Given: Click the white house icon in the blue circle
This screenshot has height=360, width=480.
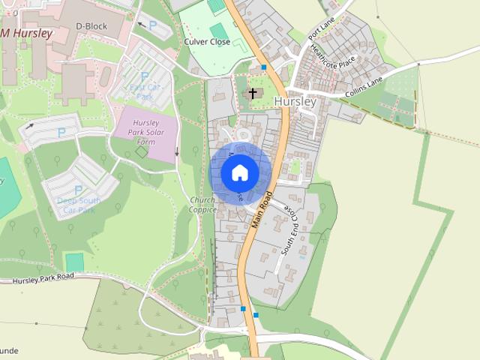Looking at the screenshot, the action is [240, 173].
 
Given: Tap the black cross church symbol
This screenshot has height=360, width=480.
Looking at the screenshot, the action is [253, 94].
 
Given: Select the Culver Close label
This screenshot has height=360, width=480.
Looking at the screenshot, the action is [207, 43].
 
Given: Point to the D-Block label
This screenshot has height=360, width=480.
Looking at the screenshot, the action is [91, 26].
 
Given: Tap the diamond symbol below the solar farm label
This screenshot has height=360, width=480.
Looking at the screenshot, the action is [142, 152].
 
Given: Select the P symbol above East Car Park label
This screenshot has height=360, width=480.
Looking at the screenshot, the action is [145, 76].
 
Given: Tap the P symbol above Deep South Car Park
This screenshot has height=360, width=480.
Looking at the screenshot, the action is [78, 190].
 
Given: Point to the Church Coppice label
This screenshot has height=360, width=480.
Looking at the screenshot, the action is [202, 205].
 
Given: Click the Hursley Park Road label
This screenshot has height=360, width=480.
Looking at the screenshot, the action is [43, 277].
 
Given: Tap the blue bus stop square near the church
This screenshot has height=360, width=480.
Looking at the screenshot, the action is [264, 68].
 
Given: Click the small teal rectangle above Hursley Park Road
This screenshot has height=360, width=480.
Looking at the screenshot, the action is [74, 262].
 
